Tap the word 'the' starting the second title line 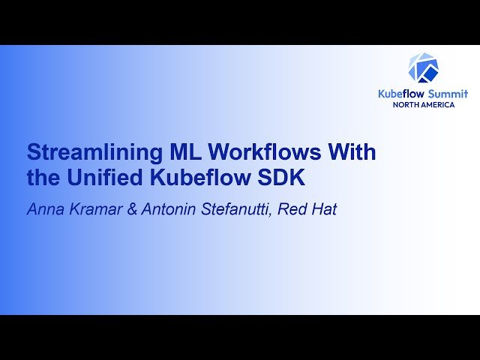tap(42, 180)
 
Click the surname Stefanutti tap(233, 209)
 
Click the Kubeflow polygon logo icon tap(423, 67)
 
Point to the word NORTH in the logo tap(409, 104)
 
